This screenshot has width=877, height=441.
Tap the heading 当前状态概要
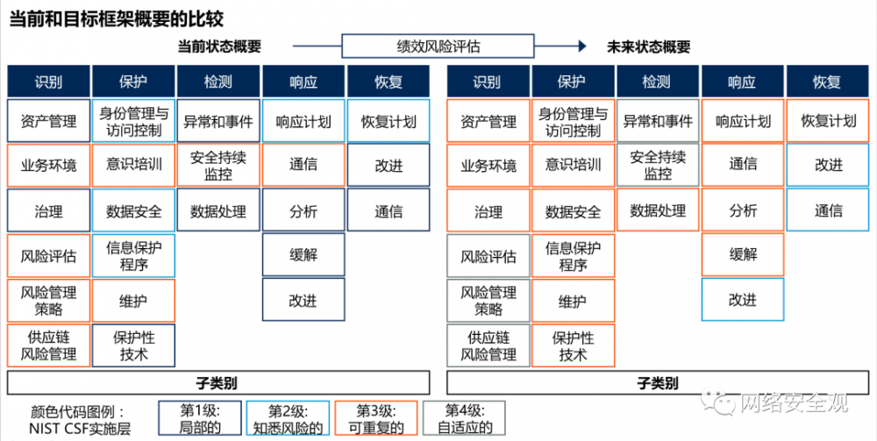pos(219,47)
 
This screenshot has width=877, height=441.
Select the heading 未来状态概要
pos(648,47)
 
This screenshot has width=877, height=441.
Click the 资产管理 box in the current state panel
pos(48,122)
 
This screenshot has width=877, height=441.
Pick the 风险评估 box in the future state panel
pos(488,257)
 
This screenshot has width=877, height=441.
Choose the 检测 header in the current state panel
pos(217,82)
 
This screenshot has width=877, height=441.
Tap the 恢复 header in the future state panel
pos(827,82)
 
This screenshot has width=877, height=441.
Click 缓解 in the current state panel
pos(303,255)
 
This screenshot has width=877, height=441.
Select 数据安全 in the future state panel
pos(573,211)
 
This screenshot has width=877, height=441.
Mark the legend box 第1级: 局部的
pos(199,418)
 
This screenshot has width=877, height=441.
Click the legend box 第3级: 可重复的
pos(376,418)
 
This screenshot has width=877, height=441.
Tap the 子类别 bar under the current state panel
pos(218,382)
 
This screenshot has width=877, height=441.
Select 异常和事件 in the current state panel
pos(217,122)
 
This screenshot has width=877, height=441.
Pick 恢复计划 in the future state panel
pos(827,121)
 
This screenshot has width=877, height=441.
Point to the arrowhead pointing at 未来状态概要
pos(581,46)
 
